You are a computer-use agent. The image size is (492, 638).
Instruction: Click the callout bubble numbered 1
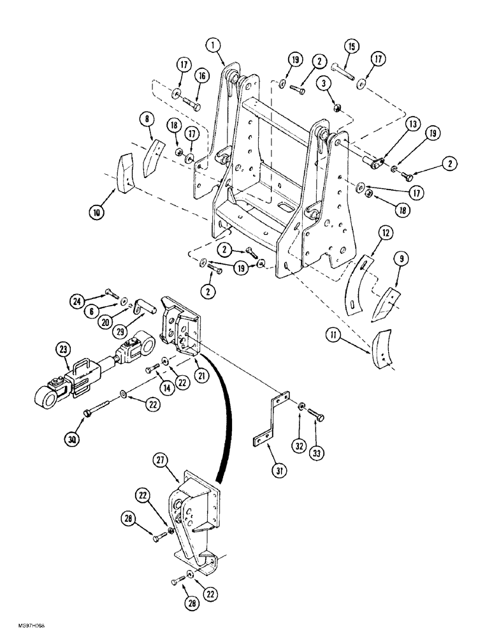(x=213, y=45)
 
